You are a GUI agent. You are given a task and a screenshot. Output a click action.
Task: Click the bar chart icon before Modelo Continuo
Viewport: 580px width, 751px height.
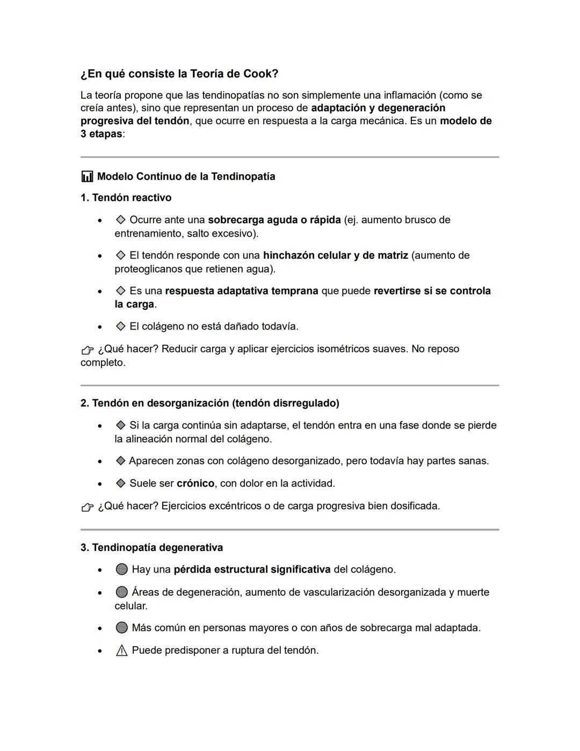tap(87, 176)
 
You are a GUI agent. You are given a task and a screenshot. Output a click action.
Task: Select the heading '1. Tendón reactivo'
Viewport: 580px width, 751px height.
tap(126, 198)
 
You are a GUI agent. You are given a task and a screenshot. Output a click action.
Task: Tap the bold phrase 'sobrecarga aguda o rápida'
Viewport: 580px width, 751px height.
tap(274, 220)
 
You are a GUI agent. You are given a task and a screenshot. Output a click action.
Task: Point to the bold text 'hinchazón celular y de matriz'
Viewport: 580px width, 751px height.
tap(335, 255)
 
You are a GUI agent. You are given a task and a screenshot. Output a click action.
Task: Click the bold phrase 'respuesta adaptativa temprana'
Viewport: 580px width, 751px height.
tap(241, 291)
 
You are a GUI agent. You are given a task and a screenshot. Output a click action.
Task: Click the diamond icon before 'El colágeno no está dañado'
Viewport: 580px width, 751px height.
tap(121, 326)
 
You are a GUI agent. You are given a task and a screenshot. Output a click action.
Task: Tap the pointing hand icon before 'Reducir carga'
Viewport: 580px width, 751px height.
tap(88, 350)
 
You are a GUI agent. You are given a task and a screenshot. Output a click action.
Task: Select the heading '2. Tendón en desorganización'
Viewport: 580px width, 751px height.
tap(209, 403)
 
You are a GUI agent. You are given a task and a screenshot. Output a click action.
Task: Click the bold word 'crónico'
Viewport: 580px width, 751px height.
tap(195, 483)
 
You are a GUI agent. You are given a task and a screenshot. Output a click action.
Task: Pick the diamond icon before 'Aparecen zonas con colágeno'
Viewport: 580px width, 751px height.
tap(121, 461)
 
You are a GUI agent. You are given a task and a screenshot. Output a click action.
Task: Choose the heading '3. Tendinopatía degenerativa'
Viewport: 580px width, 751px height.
tap(151, 548)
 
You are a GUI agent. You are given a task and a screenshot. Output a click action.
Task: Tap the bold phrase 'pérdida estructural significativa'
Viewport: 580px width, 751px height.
tap(252, 569)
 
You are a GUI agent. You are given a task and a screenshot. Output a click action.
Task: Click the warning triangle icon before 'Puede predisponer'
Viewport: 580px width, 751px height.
tap(122, 650)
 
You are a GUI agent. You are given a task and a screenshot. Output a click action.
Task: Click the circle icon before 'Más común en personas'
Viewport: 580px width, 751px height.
tap(122, 628)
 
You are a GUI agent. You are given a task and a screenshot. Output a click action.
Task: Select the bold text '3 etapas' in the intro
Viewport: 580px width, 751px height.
tap(102, 134)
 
